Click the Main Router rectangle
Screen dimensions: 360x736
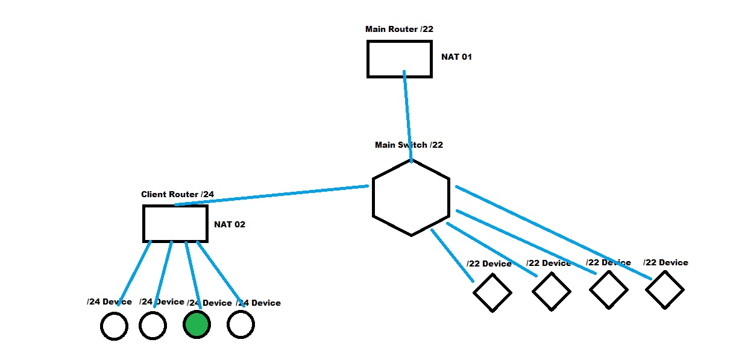pyautogui.click(x=400, y=58)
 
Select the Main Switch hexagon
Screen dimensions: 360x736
pyautogui.click(x=411, y=197)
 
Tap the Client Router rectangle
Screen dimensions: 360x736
pyautogui.click(x=175, y=223)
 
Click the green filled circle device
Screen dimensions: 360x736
pyautogui.click(x=197, y=325)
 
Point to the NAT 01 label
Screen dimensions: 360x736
pyautogui.click(x=456, y=57)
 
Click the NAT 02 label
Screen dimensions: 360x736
pyautogui.click(x=230, y=225)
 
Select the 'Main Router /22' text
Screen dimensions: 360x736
pyautogui.click(x=398, y=29)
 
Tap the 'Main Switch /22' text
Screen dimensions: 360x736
pyautogui.click(x=409, y=145)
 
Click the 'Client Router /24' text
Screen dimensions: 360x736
pyautogui.click(x=177, y=194)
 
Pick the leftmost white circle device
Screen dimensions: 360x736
pyautogui.click(x=114, y=326)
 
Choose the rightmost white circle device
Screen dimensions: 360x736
pyautogui.click(x=241, y=325)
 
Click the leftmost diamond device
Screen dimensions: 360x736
pyautogui.click(x=492, y=292)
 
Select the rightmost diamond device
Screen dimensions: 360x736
pyautogui.click(x=664, y=289)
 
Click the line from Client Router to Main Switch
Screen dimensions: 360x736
pyautogui.click(x=271, y=195)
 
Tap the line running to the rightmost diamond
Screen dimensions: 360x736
pyautogui.click(x=555, y=233)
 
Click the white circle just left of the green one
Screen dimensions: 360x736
pyautogui.click(x=153, y=326)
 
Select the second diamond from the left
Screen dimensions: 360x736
pyautogui.click(x=551, y=292)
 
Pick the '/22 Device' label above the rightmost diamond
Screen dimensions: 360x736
pyautogui.click(x=665, y=262)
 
